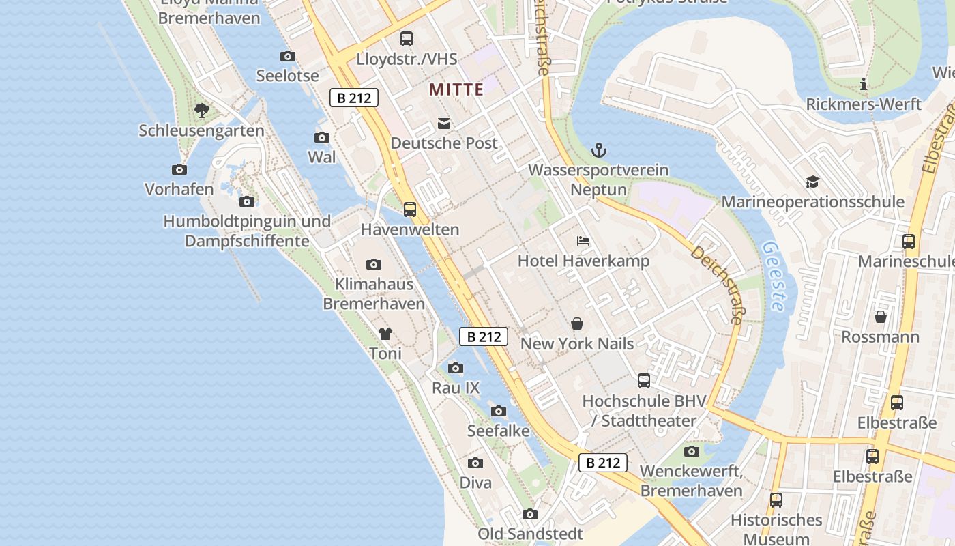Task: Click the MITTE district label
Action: tap(456, 89)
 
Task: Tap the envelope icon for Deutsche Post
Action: tap(444, 124)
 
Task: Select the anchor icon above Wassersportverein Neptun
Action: tap(598, 150)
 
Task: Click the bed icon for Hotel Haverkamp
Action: tap(583, 241)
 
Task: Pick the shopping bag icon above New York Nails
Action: tap(577, 324)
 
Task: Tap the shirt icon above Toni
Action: tap(385, 334)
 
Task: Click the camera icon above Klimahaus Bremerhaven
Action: tap(374, 264)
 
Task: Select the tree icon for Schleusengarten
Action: tap(201, 110)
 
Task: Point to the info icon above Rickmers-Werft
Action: tap(864, 85)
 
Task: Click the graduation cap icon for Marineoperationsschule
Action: tap(812, 182)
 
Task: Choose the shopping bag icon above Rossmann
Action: tap(881, 317)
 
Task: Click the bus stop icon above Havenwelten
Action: tap(410, 210)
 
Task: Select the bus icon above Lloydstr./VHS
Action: tap(407, 38)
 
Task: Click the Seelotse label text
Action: tap(287, 76)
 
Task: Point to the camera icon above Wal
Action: tap(322, 137)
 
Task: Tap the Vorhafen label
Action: tap(179, 189)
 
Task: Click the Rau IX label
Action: tap(456, 388)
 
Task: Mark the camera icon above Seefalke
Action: tap(499, 411)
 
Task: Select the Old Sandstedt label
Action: tap(530, 534)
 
